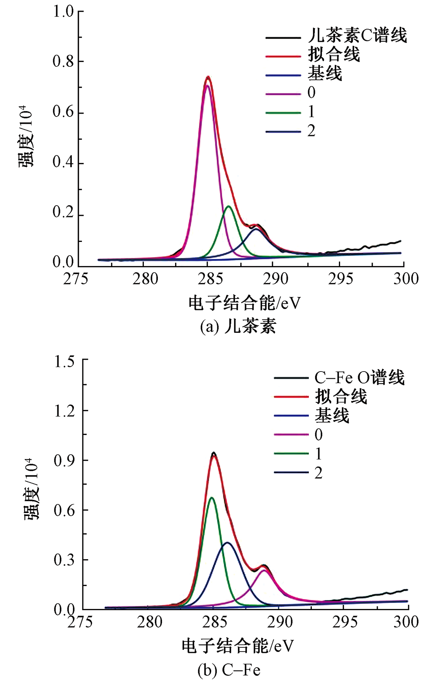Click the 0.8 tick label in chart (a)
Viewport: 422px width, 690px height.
(x=63, y=62)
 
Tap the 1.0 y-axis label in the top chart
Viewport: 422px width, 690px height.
(x=63, y=11)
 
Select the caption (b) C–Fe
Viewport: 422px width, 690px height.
(x=229, y=670)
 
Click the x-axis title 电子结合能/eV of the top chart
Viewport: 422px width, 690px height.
(x=244, y=303)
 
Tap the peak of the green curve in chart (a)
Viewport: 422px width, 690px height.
(x=229, y=206)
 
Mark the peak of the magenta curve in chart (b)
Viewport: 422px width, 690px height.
(x=265, y=570)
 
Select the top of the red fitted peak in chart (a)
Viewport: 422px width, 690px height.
(x=208, y=77)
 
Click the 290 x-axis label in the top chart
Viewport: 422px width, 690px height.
(x=276, y=279)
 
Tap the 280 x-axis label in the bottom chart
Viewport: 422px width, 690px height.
(x=149, y=622)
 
